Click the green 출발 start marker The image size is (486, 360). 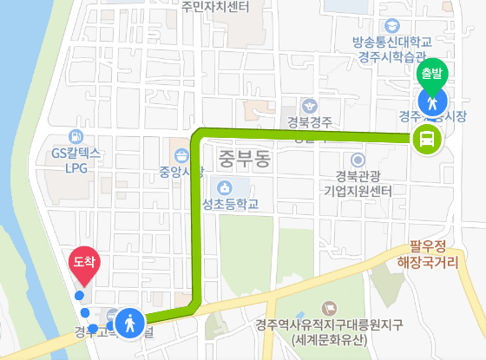pos(430,73)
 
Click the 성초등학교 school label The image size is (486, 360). pos(236,206)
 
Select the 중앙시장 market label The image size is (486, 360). pos(181,170)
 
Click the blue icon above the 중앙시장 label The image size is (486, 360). pos(181,154)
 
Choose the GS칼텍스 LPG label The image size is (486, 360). pos(76,160)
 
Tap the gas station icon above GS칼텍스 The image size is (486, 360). pos(76,136)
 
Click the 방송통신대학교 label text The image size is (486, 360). pos(393,42)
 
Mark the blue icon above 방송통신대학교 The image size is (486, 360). pos(393,24)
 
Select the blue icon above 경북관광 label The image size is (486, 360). pos(358,160)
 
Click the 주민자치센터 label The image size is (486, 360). pos(215,7)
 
